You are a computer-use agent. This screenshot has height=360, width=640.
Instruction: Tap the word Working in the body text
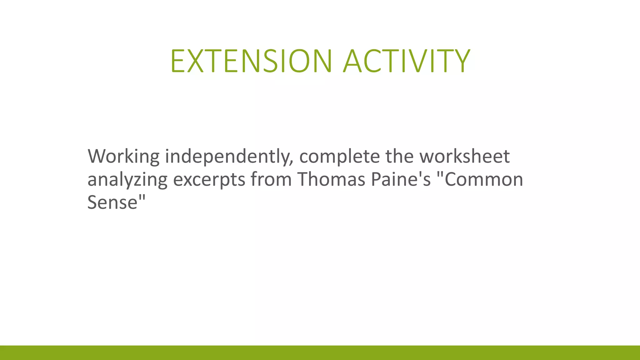(123, 156)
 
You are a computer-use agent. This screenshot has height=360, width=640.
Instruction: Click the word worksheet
(464, 156)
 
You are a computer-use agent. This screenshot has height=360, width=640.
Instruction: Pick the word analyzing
(127, 180)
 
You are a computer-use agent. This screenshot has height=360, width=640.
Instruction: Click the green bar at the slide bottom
(320, 352)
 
